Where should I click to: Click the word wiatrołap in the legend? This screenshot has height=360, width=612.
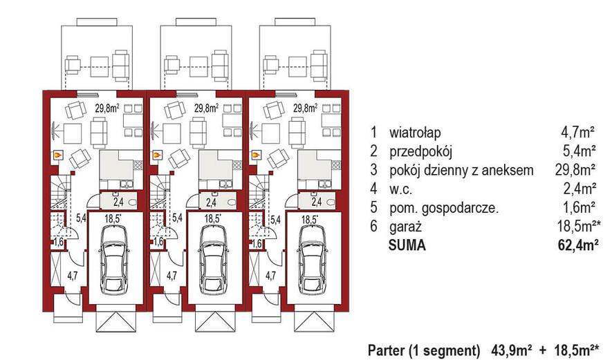tap(415, 132)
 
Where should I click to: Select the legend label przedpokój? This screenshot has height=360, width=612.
tap(420, 151)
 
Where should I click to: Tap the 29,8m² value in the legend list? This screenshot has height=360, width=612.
tap(575, 170)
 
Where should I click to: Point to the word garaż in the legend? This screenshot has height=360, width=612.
tap(405, 227)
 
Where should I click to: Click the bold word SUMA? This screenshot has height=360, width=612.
tap(407, 245)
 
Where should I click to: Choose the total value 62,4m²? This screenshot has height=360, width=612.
tap(578, 245)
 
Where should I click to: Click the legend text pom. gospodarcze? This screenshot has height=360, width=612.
tap(444, 208)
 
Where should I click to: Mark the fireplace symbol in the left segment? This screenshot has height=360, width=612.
tap(58, 155)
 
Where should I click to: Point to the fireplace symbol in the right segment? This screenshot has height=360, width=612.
tap(256, 155)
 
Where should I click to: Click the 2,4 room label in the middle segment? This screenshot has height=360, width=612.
tap(211, 202)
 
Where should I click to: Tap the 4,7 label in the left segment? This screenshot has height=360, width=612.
tap(72, 276)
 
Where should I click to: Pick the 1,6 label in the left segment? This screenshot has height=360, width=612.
tap(59, 243)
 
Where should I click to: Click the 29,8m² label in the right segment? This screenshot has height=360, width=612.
tap(305, 108)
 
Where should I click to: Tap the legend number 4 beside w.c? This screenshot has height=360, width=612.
tap(374, 189)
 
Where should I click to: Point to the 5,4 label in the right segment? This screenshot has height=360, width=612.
tap(275, 219)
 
